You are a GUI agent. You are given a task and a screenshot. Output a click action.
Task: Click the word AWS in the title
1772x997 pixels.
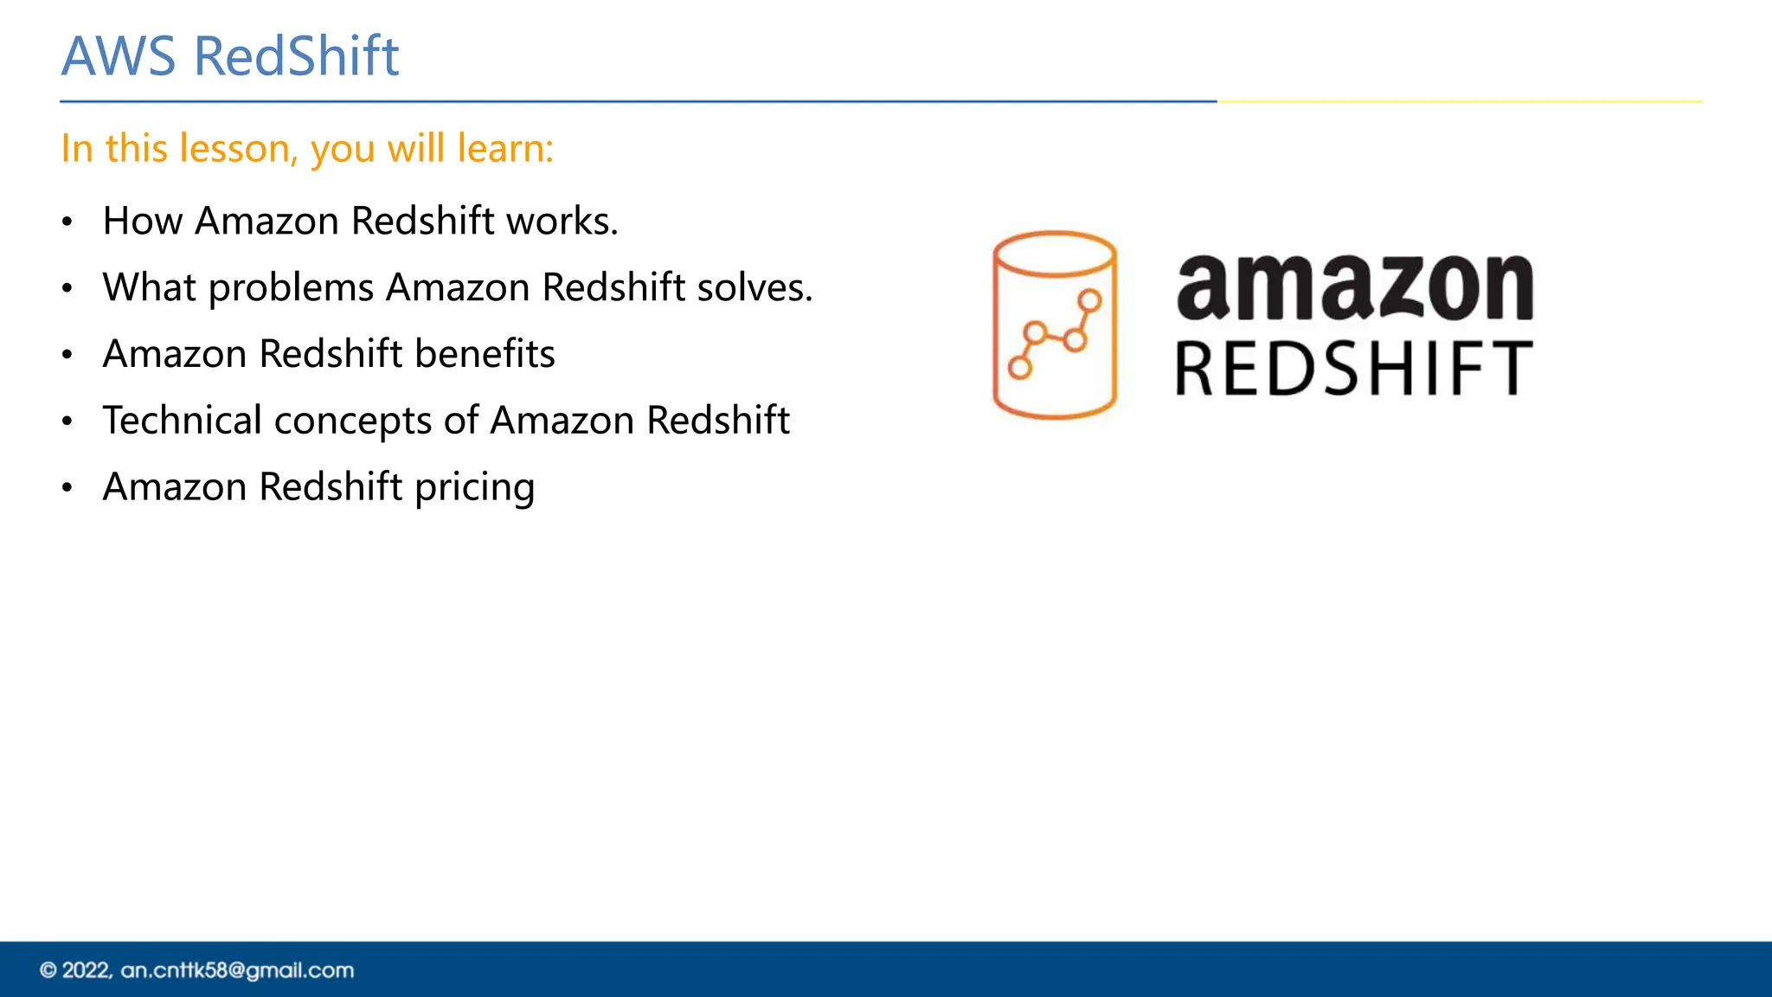pyautogui.click(x=119, y=57)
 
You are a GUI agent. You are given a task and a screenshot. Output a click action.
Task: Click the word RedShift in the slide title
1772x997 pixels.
pyautogui.click(x=296, y=57)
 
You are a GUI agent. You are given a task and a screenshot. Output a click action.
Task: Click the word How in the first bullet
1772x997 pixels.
pyautogui.click(x=143, y=222)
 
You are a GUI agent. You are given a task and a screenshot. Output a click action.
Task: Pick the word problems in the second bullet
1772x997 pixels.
pyautogui.click(x=291, y=288)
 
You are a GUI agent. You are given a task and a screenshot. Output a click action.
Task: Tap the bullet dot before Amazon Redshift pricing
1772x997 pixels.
pyautogui.click(x=67, y=488)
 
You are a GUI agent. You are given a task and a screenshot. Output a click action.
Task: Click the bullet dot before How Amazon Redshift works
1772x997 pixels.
pyautogui.click(x=67, y=222)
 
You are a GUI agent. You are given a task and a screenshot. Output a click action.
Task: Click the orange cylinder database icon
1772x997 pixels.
pyautogui.click(x=1055, y=325)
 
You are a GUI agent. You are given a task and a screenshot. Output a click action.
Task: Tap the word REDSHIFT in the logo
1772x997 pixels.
pyautogui.click(x=1354, y=370)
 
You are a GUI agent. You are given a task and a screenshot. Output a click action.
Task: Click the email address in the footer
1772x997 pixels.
pyautogui.click(x=237, y=971)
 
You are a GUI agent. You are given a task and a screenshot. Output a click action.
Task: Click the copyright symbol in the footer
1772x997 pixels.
pyautogui.click(x=48, y=971)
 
